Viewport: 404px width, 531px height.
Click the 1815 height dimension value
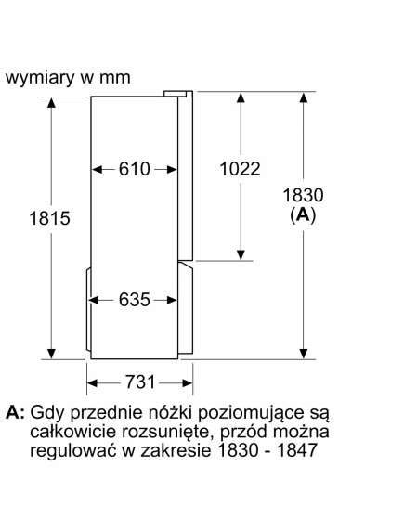[x=50, y=218]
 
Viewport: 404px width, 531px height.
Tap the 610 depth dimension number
[x=135, y=169]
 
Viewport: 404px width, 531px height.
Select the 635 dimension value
[x=135, y=300]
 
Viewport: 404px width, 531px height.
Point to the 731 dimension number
[x=140, y=382]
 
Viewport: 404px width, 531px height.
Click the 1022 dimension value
[x=240, y=169]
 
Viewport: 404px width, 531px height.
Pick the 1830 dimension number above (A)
[x=303, y=195]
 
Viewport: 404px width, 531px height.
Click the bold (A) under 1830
[x=303, y=214]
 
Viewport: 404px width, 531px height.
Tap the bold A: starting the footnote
[x=15, y=412]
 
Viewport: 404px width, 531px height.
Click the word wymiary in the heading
[x=40, y=78]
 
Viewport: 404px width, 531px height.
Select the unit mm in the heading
[x=115, y=79]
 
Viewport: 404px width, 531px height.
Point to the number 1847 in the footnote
[x=296, y=450]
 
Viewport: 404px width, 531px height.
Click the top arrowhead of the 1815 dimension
[x=51, y=103]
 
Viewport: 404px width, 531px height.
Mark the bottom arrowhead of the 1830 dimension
[x=304, y=354]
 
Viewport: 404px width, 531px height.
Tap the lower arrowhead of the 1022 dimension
[x=241, y=254]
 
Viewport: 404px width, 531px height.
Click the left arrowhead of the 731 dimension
[x=92, y=383]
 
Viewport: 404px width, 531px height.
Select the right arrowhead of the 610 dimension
[x=172, y=169]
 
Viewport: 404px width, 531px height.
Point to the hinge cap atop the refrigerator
[x=176, y=94]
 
